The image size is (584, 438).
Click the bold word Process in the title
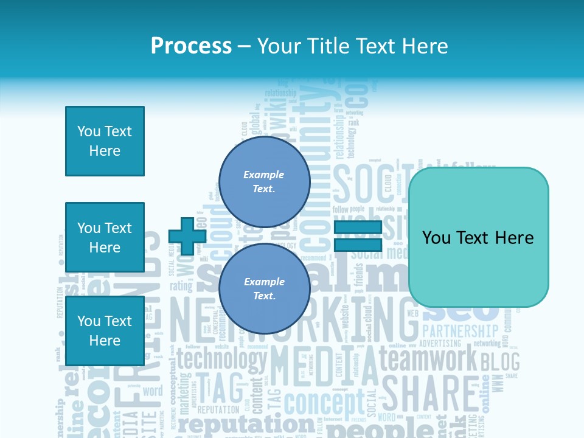[x=191, y=46]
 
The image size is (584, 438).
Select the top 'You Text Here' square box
[x=105, y=141]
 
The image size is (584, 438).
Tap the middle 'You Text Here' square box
[x=105, y=237]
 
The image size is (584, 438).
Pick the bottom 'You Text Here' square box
[x=105, y=330]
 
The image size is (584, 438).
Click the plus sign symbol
[x=187, y=236]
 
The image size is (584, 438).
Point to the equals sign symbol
[x=358, y=236]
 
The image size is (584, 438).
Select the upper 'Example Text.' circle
[x=264, y=182]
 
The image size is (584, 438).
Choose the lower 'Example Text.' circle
[x=264, y=289]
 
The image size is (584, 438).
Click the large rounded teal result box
[x=478, y=237]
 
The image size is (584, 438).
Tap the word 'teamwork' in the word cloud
[x=428, y=359]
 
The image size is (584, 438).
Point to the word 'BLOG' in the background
[x=500, y=362]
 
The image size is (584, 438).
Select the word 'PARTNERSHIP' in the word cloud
[x=460, y=331]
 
